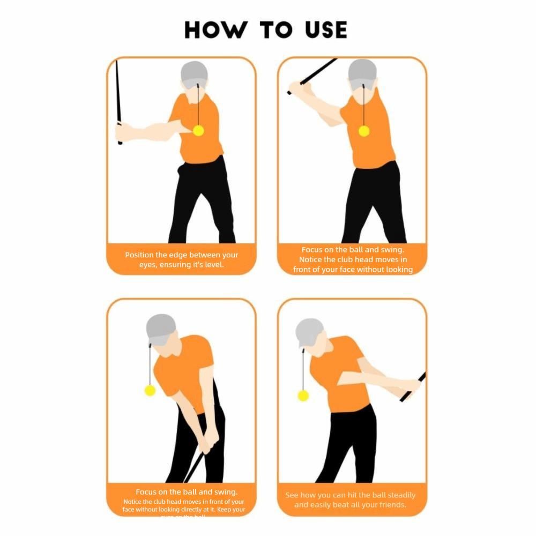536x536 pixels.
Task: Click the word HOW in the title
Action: click(213, 30)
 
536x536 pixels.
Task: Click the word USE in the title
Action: click(320, 30)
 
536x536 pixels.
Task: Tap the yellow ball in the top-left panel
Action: click(198, 130)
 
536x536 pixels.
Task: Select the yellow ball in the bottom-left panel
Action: click(150, 390)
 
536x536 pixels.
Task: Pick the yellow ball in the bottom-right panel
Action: click(303, 396)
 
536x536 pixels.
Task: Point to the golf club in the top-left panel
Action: click(118, 102)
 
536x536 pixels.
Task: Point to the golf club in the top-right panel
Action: click(316, 72)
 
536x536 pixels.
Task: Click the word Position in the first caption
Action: click(139, 255)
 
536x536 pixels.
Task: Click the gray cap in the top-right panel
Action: click(362, 71)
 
